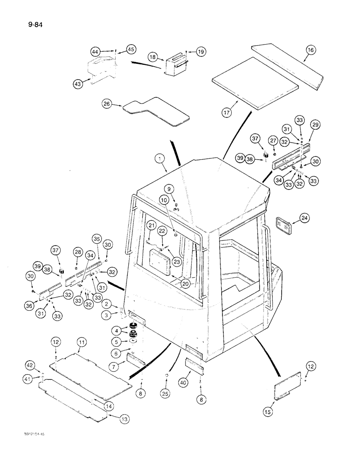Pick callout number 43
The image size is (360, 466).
78,84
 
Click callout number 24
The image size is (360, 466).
304,217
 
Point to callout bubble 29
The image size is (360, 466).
316,125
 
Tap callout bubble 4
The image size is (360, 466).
116,330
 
